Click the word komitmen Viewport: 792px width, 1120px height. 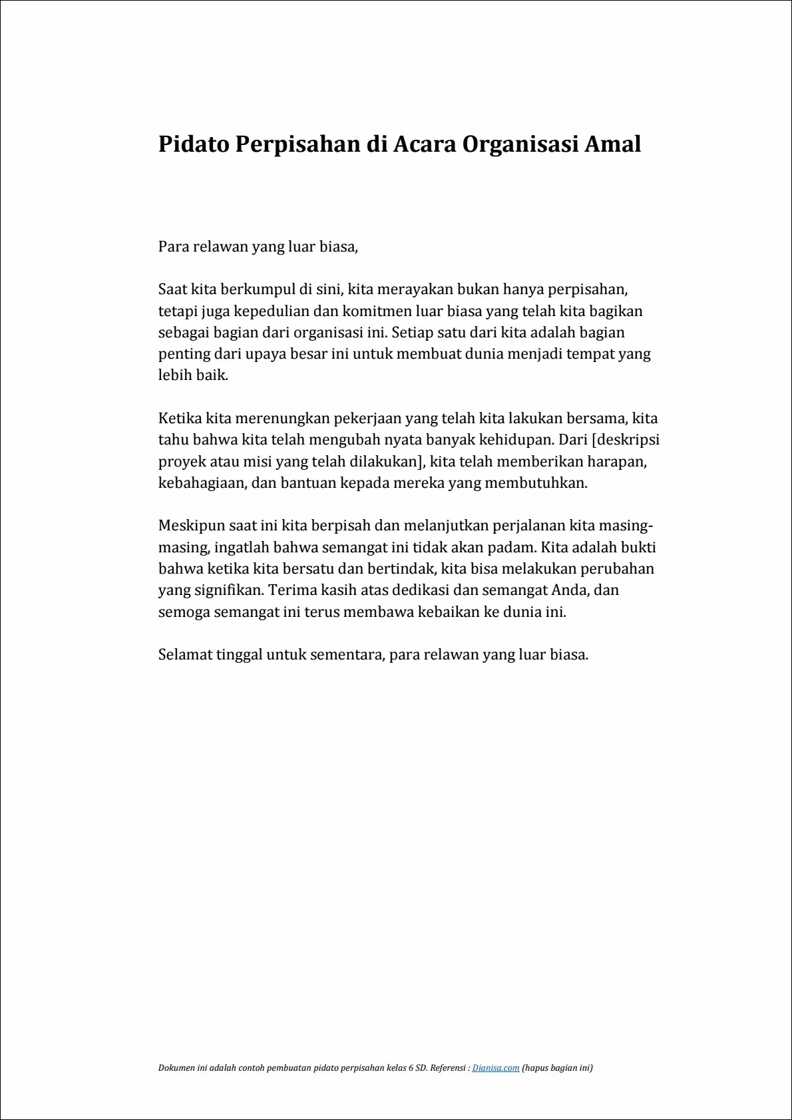[x=377, y=311]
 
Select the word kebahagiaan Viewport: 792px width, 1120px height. [x=202, y=482]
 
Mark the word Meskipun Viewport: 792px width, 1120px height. [x=192, y=526]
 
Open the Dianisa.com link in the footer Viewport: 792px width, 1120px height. [x=496, y=1068]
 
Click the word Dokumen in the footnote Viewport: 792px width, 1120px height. [x=176, y=1068]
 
